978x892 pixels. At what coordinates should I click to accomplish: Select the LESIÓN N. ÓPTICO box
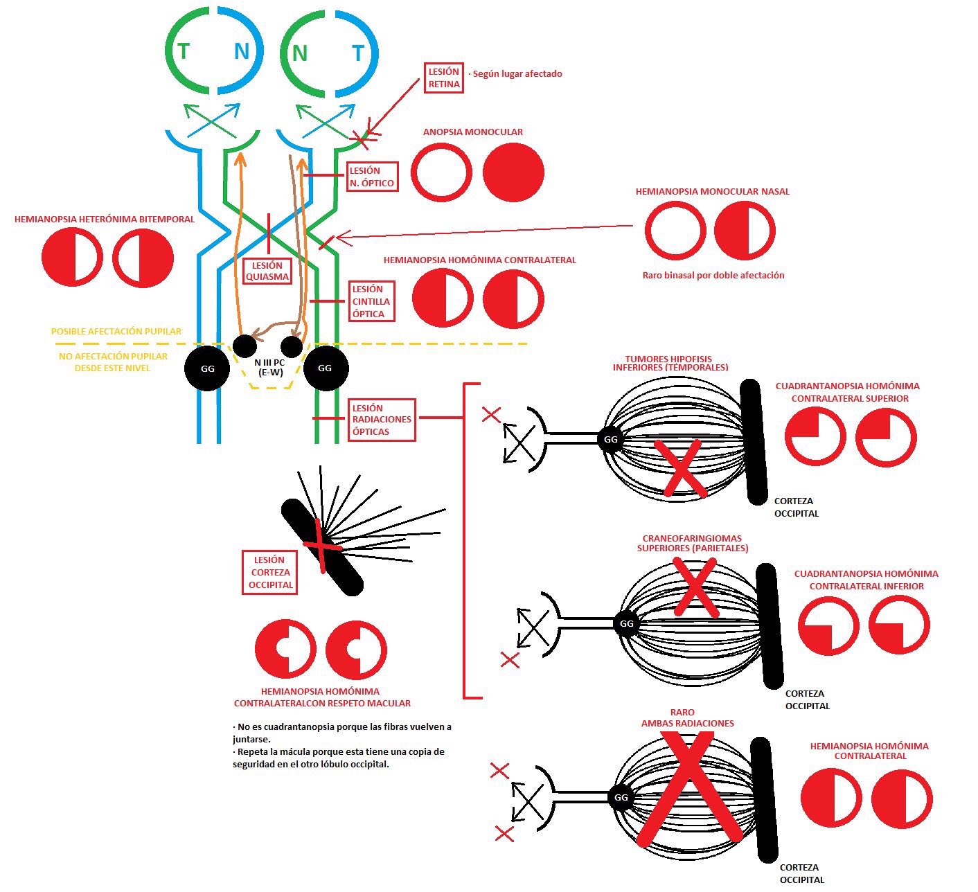click(x=373, y=177)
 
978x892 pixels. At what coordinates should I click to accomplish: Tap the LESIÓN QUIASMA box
click(x=267, y=271)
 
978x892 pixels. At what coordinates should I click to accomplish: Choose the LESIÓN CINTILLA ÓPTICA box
click(x=372, y=301)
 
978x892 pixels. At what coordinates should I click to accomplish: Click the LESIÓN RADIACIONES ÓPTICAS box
click(x=382, y=420)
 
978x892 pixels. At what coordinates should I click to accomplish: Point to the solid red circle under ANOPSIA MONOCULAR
click(x=513, y=172)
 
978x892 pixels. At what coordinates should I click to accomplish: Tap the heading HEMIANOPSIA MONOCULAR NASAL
click(x=712, y=191)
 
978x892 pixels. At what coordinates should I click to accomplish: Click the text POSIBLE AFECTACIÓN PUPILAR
click(x=116, y=332)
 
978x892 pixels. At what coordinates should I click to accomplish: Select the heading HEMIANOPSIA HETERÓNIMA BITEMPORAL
click(x=105, y=219)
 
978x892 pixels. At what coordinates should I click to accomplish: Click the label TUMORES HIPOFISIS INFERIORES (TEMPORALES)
click(x=670, y=364)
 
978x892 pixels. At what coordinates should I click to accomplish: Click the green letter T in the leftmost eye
click(x=184, y=51)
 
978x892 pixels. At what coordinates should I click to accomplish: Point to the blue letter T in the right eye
click(x=357, y=53)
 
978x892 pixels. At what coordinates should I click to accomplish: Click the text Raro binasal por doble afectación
click(x=713, y=275)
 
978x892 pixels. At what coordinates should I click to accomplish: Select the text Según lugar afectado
click(x=516, y=73)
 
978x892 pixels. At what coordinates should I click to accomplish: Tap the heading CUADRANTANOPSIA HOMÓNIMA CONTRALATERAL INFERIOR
click(x=866, y=580)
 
